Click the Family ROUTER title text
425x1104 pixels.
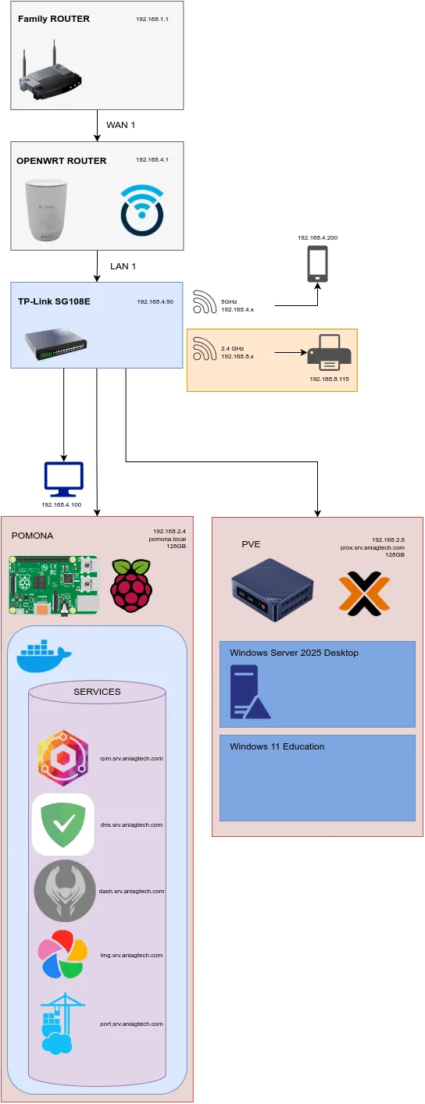tap(53, 19)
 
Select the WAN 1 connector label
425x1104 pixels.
tap(121, 125)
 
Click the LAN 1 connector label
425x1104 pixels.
tap(123, 266)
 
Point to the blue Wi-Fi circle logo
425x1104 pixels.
tap(142, 209)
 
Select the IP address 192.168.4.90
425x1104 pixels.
tap(155, 301)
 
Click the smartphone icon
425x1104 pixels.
tap(317, 265)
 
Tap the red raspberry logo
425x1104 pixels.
tap(130, 586)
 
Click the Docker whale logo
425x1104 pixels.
tap(44, 657)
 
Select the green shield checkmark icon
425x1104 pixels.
tap(63, 824)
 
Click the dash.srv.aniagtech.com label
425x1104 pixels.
tap(131, 891)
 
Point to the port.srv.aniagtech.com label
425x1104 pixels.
tap(131, 1024)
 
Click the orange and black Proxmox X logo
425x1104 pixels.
tap(364, 593)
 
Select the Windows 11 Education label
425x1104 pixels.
tap(277, 746)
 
